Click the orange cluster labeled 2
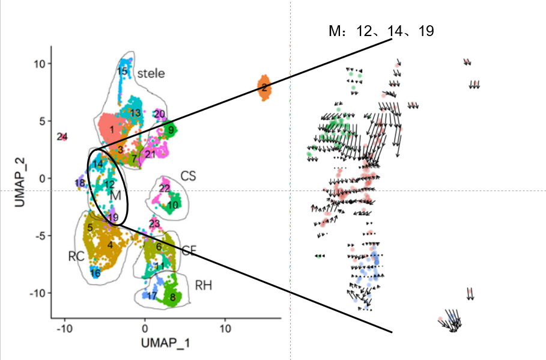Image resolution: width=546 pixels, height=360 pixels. click(264, 88)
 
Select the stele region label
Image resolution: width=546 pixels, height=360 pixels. click(151, 73)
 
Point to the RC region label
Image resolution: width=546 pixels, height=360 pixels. click(76, 256)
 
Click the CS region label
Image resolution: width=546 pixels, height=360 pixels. click(188, 176)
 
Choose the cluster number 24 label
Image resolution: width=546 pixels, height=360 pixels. click(62, 137)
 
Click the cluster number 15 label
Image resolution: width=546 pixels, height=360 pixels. click(123, 72)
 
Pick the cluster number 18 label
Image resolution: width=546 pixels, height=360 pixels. click(80, 183)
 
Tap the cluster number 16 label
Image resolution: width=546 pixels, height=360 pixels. click(95, 273)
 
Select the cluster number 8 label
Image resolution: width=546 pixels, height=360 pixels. click(172, 296)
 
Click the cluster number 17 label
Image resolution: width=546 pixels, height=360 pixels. click(152, 296)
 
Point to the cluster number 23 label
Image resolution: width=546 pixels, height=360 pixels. click(154, 224)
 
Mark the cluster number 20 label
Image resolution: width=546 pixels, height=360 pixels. click(159, 114)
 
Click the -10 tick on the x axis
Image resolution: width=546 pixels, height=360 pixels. click(64, 329)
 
